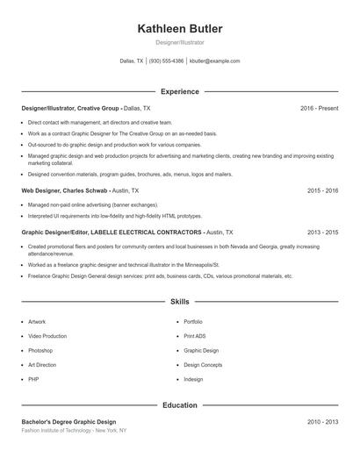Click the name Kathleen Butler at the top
pos(180,29)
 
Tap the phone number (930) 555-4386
pos(167,61)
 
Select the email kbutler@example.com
pos(215,61)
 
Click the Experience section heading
pos(180,91)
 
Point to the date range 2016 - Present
pos(319,108)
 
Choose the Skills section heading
pos(180,301)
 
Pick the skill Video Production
pos(47,336)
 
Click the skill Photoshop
pos(40,350)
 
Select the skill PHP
pos(33,379)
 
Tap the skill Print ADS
pos(195,336)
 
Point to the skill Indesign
pos(193,379)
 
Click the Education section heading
pos(180,405)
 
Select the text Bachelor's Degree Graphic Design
pos(68,422)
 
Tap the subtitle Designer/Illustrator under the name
pos(180,42)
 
